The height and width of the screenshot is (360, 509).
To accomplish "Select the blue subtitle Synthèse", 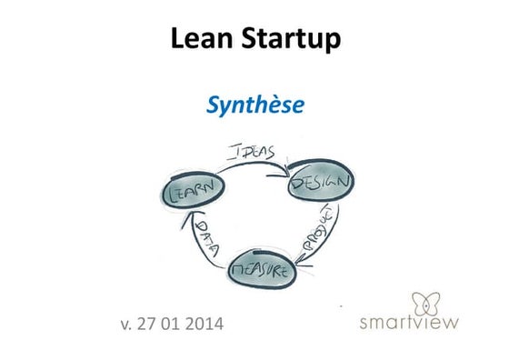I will pos(254,106).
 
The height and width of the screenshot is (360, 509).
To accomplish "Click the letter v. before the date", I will pos(125,322).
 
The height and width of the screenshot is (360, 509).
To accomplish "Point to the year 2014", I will pos(208,322).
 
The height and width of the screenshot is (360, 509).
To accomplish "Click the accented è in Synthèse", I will pos(277,106).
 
